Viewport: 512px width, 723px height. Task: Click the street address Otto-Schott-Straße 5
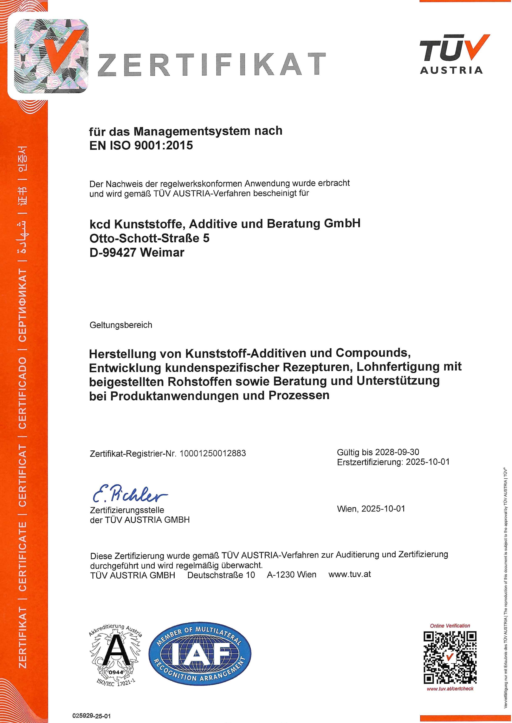pos(149,238)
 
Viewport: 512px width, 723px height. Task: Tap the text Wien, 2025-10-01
pos(371,509)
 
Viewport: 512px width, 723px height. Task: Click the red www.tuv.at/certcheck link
pos(450,689)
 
